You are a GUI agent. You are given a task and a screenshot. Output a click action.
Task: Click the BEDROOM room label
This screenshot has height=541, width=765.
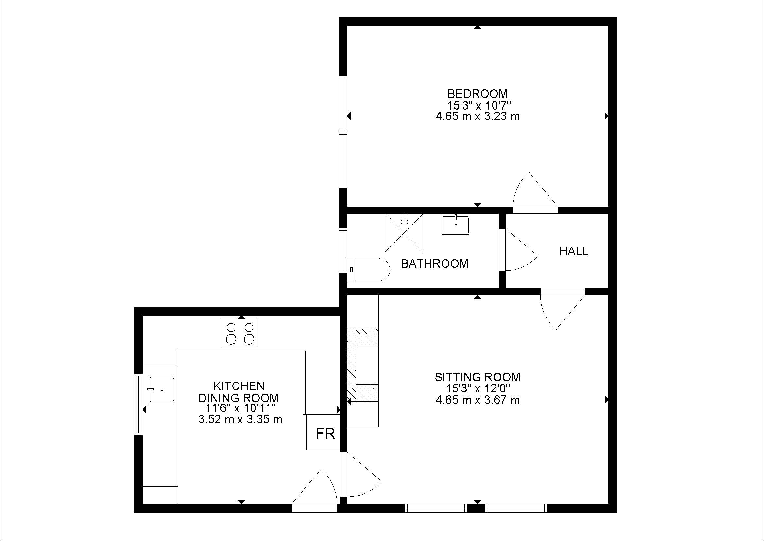478,94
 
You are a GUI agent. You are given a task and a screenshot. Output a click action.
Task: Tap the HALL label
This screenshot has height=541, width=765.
574,251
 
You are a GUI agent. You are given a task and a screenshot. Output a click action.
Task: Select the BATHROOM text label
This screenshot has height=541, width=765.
434,264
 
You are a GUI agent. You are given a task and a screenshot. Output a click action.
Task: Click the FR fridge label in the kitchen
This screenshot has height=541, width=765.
325,434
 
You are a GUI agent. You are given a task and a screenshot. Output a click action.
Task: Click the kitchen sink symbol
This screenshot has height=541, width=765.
162,389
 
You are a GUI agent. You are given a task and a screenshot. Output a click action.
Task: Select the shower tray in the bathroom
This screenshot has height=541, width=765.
404,233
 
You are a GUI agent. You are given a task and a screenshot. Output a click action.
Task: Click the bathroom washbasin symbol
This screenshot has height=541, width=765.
456,224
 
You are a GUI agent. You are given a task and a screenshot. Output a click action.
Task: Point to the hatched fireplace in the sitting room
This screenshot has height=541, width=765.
363,365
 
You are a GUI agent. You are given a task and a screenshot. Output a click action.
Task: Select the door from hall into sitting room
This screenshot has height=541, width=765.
560,308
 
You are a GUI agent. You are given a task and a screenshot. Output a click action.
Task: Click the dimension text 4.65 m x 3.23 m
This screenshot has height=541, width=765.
478,116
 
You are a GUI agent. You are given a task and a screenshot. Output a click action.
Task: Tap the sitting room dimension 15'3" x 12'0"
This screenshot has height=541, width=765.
478,388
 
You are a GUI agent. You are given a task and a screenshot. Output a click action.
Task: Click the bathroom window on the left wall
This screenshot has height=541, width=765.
343,251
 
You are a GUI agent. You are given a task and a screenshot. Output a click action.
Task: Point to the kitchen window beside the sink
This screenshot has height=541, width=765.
138,404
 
